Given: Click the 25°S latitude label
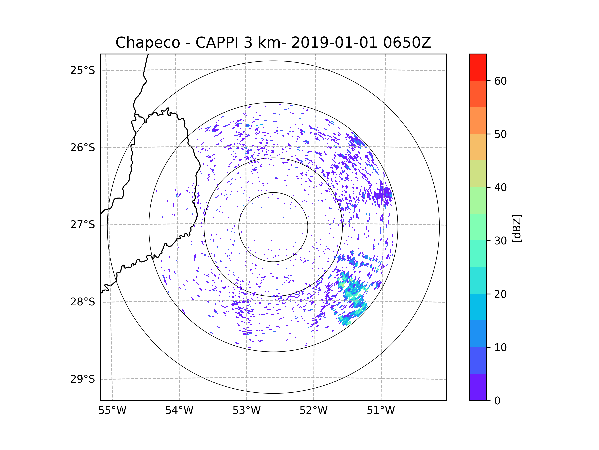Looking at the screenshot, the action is pos(83,70).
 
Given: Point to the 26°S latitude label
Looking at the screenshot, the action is pos(83,148).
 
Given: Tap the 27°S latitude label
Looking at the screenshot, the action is pos(83,225).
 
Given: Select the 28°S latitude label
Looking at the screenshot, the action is pos(83,302).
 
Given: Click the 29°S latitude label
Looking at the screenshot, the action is pos(83,379).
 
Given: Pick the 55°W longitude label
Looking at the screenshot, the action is pos(112,411).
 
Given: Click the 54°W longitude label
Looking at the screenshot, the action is pos(179,411).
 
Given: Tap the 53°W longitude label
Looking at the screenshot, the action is pos(246,411).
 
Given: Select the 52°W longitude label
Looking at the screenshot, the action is pos(313,411).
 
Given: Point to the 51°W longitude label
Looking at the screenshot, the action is pos(381,411).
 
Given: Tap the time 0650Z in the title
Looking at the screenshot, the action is pos(407,42).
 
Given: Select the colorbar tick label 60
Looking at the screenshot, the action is pos(500,81).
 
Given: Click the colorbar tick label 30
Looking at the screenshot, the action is pos(500,241).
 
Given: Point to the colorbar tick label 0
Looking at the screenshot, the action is pos(497,401).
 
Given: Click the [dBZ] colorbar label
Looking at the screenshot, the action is pos(517,228).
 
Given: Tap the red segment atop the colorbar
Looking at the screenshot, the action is pos(478,67).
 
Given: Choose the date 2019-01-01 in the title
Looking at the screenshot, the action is pos(334,42).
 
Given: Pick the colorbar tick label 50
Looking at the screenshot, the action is pos(500,134).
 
